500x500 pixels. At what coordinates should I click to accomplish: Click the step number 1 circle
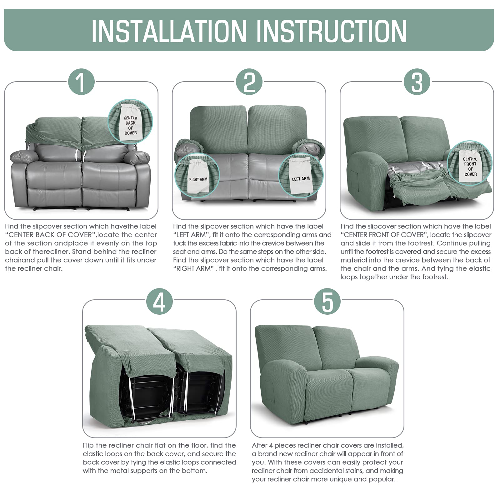[x=81, y=82]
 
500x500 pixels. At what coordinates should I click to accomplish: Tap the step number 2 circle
[x=249, y=82]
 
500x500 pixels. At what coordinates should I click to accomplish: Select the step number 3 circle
[x=417, y=82]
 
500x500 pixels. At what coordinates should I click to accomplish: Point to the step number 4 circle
[x=159, y=301]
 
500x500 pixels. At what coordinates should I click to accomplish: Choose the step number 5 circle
[x=327, y=301]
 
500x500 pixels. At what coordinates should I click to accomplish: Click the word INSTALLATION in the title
[x=169, y=31]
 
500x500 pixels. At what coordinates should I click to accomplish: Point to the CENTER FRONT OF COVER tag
[x=470, y=166]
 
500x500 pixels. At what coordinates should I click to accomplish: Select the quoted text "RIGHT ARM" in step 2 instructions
[x=193, y=268]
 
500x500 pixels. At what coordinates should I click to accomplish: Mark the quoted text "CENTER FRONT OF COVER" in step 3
[x=382, y=235]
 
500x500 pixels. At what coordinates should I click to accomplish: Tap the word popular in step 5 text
[x=382, y=479]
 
